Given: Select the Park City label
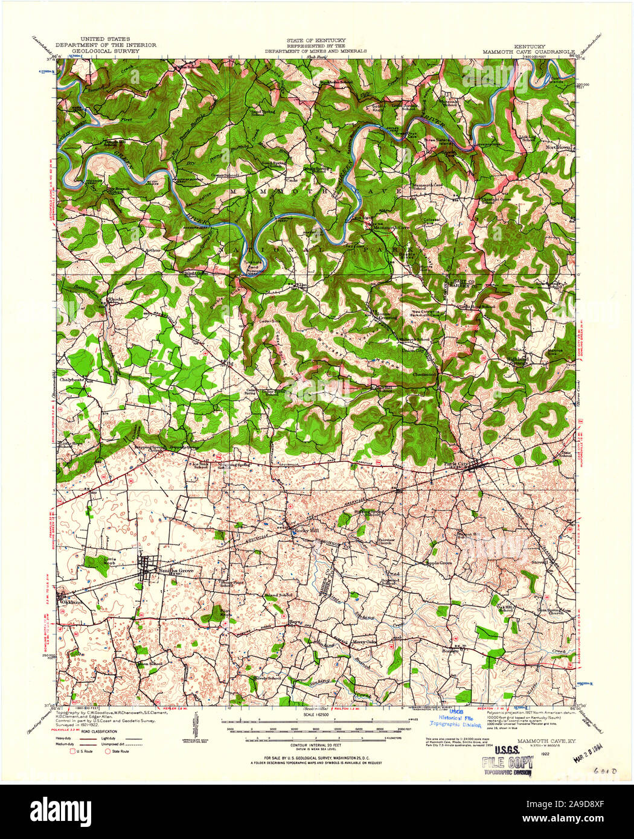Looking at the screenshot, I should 457,464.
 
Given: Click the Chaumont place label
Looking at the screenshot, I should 424,374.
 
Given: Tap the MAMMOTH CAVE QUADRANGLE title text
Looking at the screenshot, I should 529,52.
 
